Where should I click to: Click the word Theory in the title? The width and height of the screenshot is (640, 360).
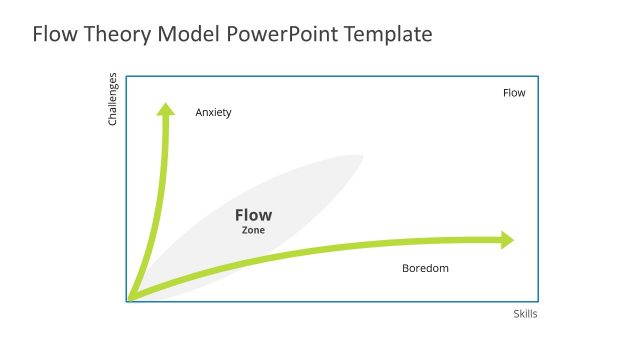click(115, 34)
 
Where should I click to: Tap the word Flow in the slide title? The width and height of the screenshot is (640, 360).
click(54, 34)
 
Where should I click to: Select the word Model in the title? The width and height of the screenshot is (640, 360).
click(188, 34)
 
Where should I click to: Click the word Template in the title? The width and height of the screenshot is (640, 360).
click(388, 34)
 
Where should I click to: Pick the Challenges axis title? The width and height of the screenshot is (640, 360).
click(113, 99)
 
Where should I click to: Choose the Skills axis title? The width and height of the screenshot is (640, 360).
click(525, 314)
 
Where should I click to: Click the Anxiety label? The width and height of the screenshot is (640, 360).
click(213, 112)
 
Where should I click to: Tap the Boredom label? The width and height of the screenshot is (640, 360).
click(425, 268)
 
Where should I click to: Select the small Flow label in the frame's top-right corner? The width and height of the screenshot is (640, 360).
click(514, 93)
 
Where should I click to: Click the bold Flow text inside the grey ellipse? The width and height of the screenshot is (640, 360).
click(253, 215)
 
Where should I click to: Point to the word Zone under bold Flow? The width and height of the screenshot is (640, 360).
click(253, 230)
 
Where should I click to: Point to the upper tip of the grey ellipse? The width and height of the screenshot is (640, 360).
click(359, 157)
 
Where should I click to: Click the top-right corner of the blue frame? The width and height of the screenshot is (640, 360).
click(538, 76)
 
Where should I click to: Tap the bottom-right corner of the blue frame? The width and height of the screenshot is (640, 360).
click(538, 300)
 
